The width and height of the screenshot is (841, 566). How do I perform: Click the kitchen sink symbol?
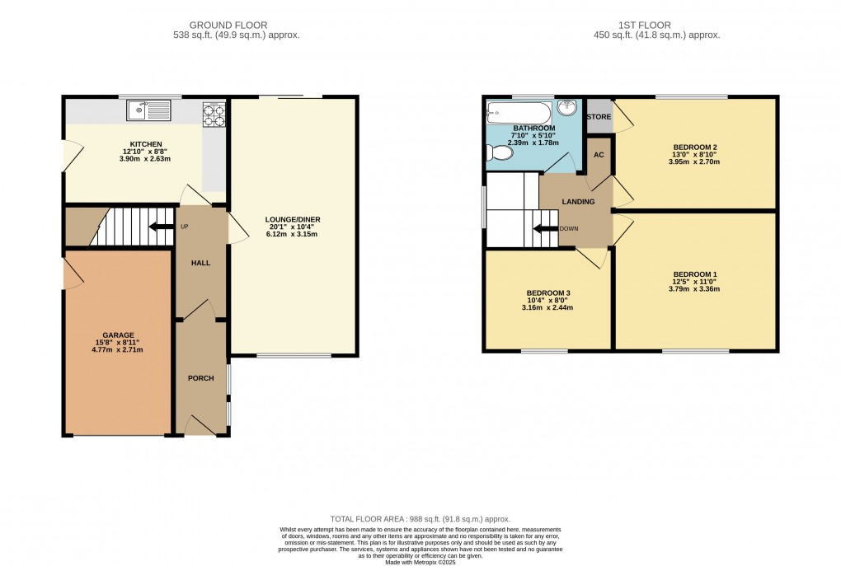pos(148,109)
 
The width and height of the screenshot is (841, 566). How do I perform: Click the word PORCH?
pos(201,378)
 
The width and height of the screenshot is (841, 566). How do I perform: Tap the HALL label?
pos(200,263)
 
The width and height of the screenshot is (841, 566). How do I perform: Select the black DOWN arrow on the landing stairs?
pos(543,229)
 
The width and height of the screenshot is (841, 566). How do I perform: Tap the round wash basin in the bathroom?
pos(567,108)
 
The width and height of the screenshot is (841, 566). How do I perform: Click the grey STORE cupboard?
pos(599,118)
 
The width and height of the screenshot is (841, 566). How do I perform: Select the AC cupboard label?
pos(599,154)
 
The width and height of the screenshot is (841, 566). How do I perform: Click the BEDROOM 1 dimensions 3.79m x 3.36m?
pos(696,289)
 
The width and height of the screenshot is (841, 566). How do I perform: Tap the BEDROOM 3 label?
pos(548,292)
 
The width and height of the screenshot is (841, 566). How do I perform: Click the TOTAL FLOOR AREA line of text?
pos(420,520)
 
